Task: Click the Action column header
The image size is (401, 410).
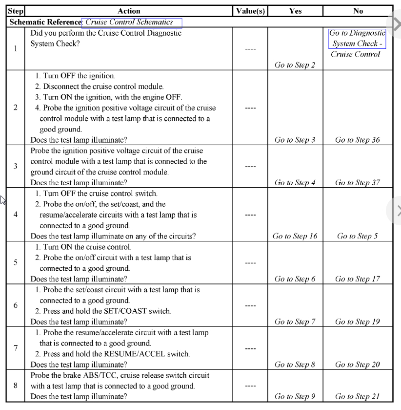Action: [129, 11]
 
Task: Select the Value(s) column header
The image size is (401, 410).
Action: [249, 11]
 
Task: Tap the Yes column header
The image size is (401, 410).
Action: [295, 11]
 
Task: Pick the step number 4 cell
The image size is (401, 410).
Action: [16, 214]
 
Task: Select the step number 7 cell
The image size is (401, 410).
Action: [16, 349]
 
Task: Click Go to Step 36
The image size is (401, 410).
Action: [358, 140]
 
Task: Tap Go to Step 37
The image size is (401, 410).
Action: [358, 183]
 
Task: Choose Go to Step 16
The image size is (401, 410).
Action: [295, 237]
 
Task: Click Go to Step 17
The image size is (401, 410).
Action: [358, 280]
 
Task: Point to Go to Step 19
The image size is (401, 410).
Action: [358, 322]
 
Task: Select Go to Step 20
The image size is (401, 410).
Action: [358, 365]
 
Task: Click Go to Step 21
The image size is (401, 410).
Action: [358, 397]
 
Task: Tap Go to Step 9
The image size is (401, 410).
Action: [295, 397]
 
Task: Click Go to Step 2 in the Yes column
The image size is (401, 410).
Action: [295, 65]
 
